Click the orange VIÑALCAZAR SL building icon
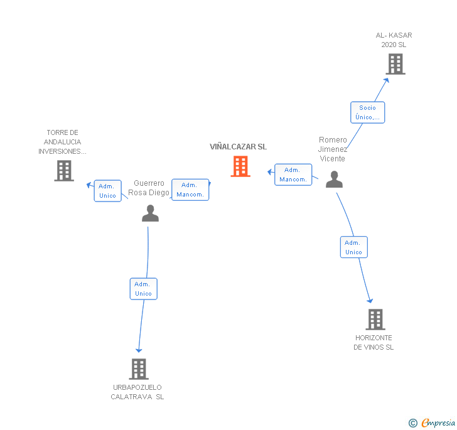(x=240, y=166)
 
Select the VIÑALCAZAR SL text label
(x=238, y=147)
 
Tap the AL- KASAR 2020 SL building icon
(x=395, y=64)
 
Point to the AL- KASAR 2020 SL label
(x=394, y=40)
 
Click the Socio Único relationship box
(x=367, y=112)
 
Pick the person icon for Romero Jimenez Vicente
(x=334, y=180)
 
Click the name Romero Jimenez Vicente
(x=333, y=149)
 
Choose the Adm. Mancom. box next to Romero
(x=293, y=175)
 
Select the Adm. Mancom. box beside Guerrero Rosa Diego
(x=190, y=190)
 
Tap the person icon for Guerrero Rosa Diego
(x=150, y=213)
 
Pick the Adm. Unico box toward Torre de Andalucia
(x=107, y=191)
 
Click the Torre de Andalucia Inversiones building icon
(x=64, y=171)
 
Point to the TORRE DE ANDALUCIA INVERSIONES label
(x=62, y=142)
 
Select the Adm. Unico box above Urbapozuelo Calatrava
(x=143, y=289)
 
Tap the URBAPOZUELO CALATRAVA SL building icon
(x=139, y=369)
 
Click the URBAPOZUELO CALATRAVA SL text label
(x=137, y=392)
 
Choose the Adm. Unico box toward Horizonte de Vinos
(x=353, y=247)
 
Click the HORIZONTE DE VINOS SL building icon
(x=375, y=320)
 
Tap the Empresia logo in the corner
(x=433, y=422)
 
